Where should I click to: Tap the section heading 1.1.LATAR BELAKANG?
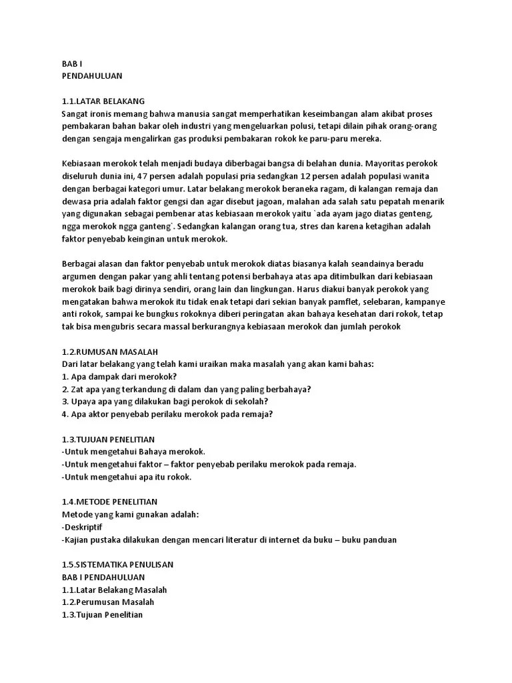coord(103,101)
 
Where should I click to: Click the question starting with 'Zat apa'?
coord(187,389)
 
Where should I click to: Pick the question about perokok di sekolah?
coord(165,402)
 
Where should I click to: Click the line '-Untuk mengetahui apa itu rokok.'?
coord(126,477)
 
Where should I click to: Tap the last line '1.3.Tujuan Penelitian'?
coord(103,614)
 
